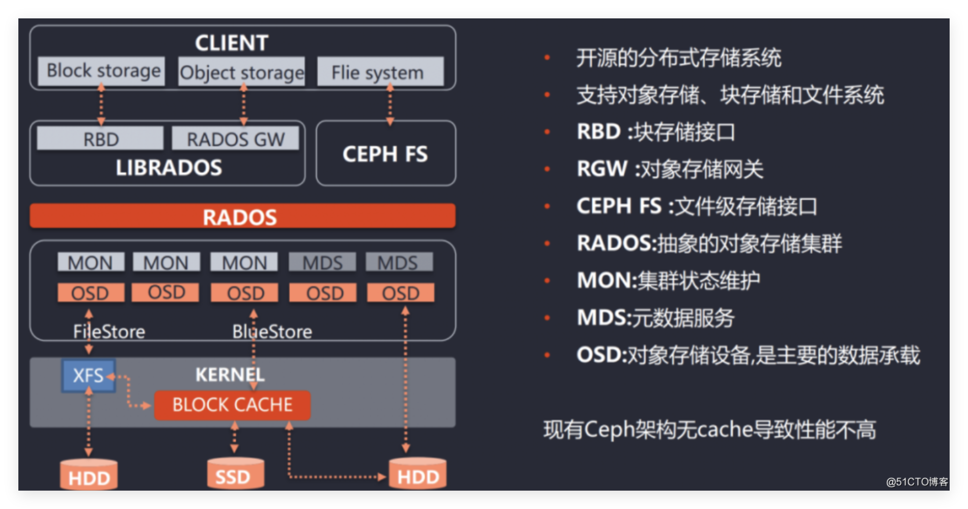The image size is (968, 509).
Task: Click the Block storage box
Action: pyautogui.click(x=101, y=71)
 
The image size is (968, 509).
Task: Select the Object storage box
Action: pyautogui.click(x=242, y=72)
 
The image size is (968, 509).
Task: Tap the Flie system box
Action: pyautogui.click(x=380, y=72)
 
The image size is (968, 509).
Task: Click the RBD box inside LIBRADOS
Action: pyautogui.click(x=100, y=139)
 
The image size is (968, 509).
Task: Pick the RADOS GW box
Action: pyautogui.click(x=235, y=139)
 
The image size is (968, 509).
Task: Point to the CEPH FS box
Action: pyautogui.click(x=386, y=153)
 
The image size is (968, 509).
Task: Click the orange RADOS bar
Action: pyautogui.click(x=242, y=216)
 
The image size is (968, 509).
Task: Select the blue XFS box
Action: pyautogui.click(x=89, y=376)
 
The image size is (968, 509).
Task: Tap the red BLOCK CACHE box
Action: pyautogui.click(x=232, y=405)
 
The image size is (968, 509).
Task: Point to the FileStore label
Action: pyautogui.click(x=109, y=332)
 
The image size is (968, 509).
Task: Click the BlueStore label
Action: pyautogui.click(x=272, y=332)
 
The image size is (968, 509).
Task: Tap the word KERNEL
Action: pyautogui.click(x=230, y=375)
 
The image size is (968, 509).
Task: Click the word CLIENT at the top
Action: pyautogui.click(x=232, y=43)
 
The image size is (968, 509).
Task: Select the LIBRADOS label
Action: pyautogui.click(x=169, y=168)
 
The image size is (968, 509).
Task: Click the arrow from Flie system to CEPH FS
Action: pyautogui.click(x=390, y=105)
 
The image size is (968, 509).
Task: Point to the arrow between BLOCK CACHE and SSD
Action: pyautogui.click(x=234, y=437)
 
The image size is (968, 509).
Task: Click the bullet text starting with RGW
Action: pyautogui.click(x=670, y=169)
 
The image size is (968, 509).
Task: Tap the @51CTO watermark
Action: pyautogui.click(x=917, y=482)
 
